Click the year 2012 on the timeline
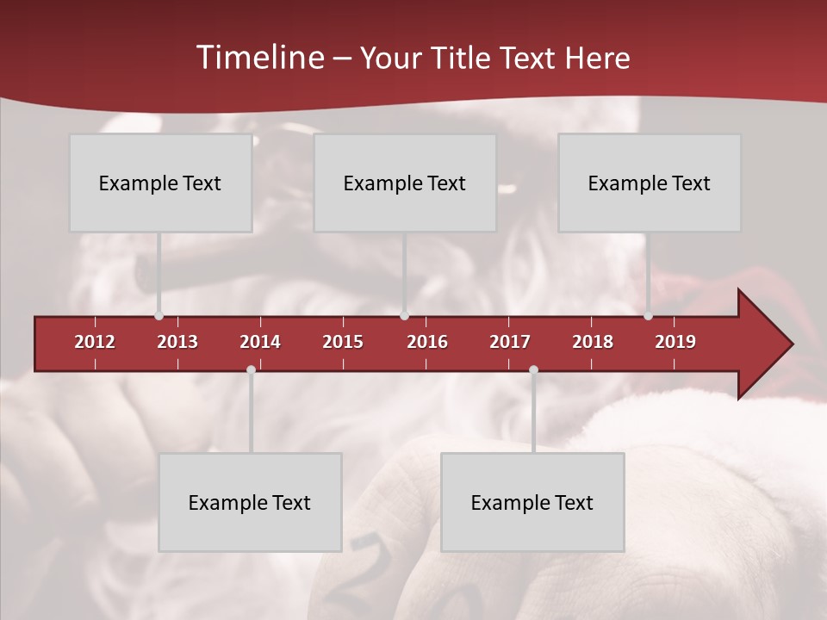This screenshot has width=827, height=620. tap(95, 342)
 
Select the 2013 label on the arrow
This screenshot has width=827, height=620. tap(177, 342)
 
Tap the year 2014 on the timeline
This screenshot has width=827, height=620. tap(260, 342)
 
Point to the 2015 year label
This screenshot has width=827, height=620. tap(343, 342)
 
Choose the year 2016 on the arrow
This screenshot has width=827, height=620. tap(427, 342)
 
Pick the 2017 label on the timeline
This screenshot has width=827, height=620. tap(510, 342)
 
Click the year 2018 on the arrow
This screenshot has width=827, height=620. tap(593, 342)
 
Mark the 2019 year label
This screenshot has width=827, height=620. tap(675, 342)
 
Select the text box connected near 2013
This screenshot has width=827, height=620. tap(160, 183)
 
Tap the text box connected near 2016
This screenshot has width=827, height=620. tap(405, 183)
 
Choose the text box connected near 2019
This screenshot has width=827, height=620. tap(650, 183)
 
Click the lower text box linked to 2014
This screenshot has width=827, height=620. tap(250, 502)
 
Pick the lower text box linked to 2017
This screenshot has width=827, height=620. tap(532, 502)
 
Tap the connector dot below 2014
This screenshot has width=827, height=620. tap(251, 370)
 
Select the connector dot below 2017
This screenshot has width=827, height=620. tap(533, 370)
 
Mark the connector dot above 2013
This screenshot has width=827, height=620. tap(159, 316)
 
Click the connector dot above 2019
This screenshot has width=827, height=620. tap(649, 316)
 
